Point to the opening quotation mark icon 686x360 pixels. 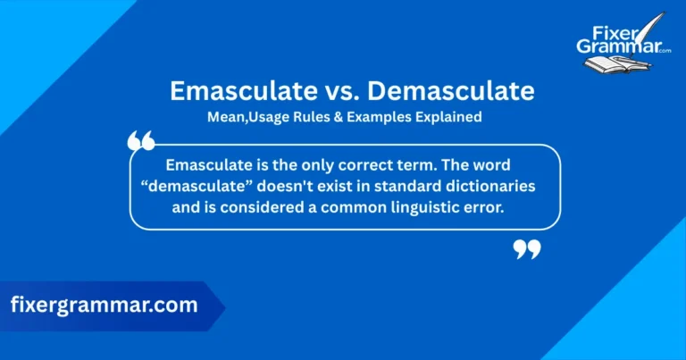point(141,140)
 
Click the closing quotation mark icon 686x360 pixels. point(527,249)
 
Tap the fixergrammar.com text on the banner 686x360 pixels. point(104,305)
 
